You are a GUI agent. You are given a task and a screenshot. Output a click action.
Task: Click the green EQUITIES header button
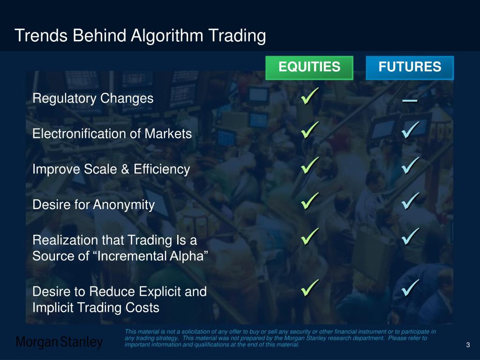(x=309, y=67)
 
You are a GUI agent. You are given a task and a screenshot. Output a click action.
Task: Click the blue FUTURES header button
(x=410, y=67)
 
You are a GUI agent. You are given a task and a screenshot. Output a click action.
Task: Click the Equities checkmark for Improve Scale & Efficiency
(x=310, y=166)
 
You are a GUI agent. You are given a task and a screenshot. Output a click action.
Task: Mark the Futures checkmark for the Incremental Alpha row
(x=411, y=237)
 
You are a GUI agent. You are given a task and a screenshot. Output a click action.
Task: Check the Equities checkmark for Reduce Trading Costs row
(x=310, y=288)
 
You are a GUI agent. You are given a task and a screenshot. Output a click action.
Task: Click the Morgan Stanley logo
(x=60, y=343)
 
